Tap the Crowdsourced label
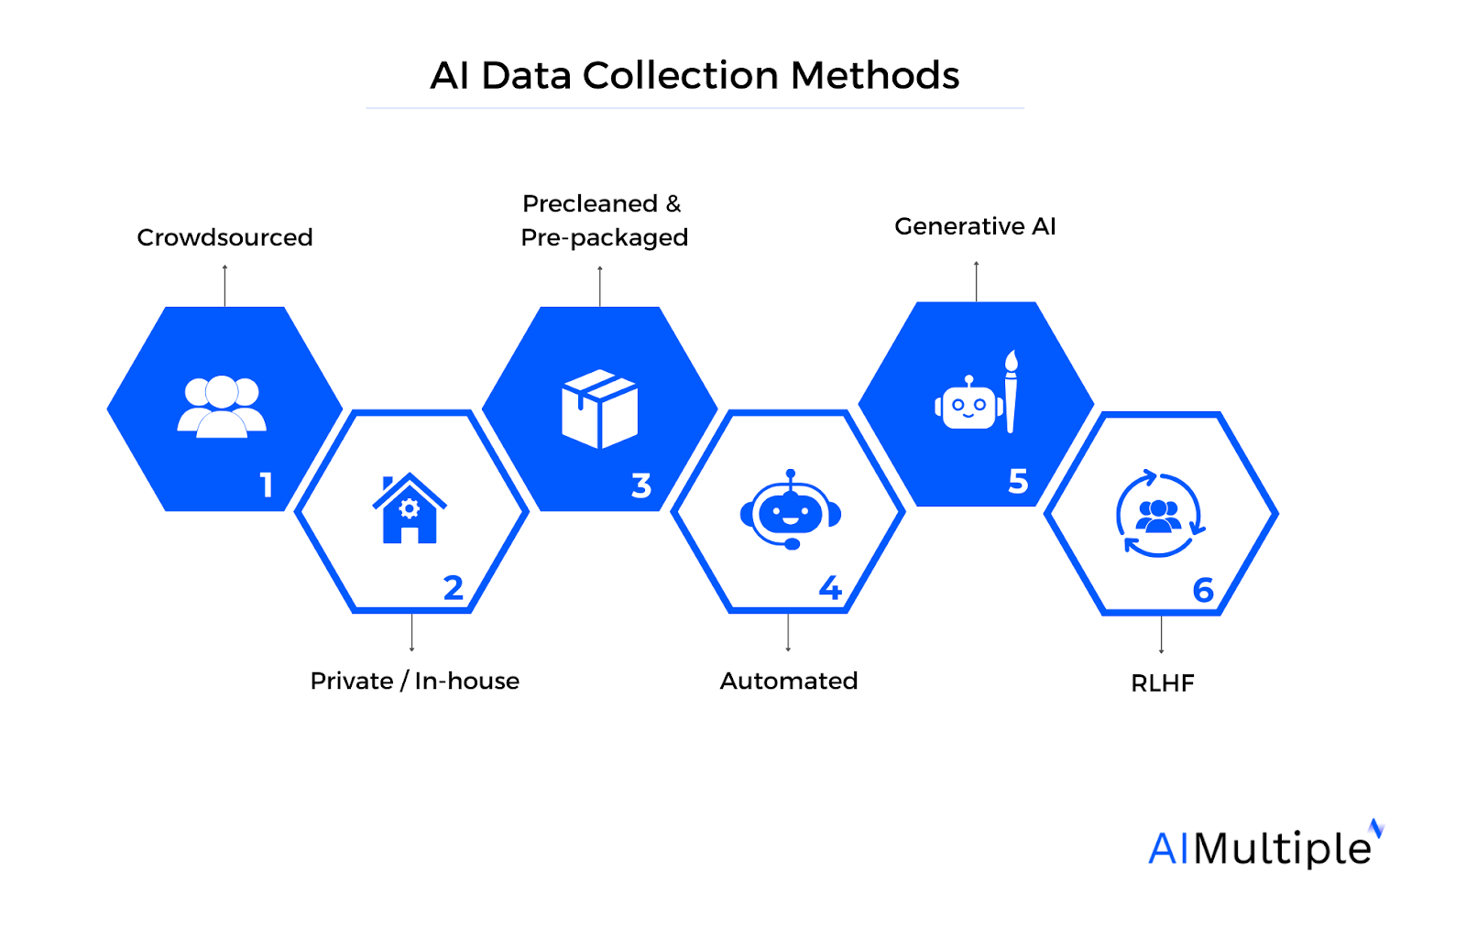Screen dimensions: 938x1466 [x=224, y=237]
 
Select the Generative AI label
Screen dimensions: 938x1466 [x=975, y=226]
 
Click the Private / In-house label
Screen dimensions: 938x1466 [x=414, y=681]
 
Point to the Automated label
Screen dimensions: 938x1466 [x=788, y=681]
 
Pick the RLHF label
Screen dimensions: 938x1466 [x=1162, y=683]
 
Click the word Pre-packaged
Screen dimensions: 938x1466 [x=604, y=237]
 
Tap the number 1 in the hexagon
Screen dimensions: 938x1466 [x=267, y=485]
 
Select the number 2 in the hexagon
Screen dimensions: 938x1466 [x=453, y=587]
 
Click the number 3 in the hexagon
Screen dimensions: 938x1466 [x=641, y=485]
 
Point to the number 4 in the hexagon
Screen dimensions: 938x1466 [x=830, y=587]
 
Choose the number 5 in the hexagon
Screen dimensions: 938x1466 [x=1018, y=481]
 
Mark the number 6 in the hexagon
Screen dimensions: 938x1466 [x=1203, y=590]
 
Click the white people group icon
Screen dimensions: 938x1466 [x=222, y=406]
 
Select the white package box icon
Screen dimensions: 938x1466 [x=599, y=409]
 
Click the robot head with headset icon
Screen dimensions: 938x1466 [x=791, y=511]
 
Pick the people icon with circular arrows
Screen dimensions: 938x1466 [x=1159, y=515]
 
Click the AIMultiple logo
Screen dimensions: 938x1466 [x=1264, y=846]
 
